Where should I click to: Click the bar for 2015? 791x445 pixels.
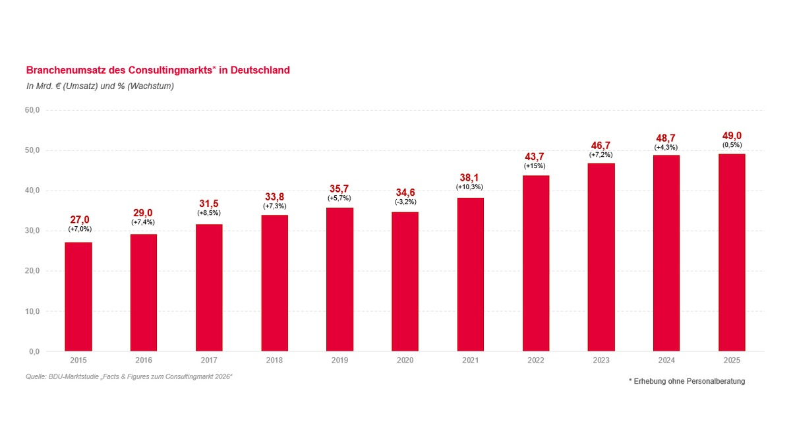point(78,297)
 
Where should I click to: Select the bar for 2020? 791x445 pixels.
point(405,282)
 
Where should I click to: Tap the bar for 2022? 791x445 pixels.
point(536,263)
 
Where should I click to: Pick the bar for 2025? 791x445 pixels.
point(732,252)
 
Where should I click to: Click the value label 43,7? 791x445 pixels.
point(536,156)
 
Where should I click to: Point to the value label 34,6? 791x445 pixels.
point(405,193)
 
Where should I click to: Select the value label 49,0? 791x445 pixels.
point(732,135)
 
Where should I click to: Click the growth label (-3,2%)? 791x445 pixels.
point(405,202)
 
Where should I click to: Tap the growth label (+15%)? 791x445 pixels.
point(536,166)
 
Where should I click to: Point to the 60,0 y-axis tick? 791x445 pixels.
point(33,110)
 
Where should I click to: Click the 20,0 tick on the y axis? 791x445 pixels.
point(33,271)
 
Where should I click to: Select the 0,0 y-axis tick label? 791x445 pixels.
point(35,351)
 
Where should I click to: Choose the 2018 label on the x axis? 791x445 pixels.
point(274,361)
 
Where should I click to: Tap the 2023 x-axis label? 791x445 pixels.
point(601,361)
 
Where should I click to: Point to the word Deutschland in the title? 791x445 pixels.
point(260,70)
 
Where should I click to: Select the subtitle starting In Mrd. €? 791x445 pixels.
point(100,86)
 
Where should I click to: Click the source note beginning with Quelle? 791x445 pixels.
point(129,376)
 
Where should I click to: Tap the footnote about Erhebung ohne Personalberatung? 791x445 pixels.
point(687,381)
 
